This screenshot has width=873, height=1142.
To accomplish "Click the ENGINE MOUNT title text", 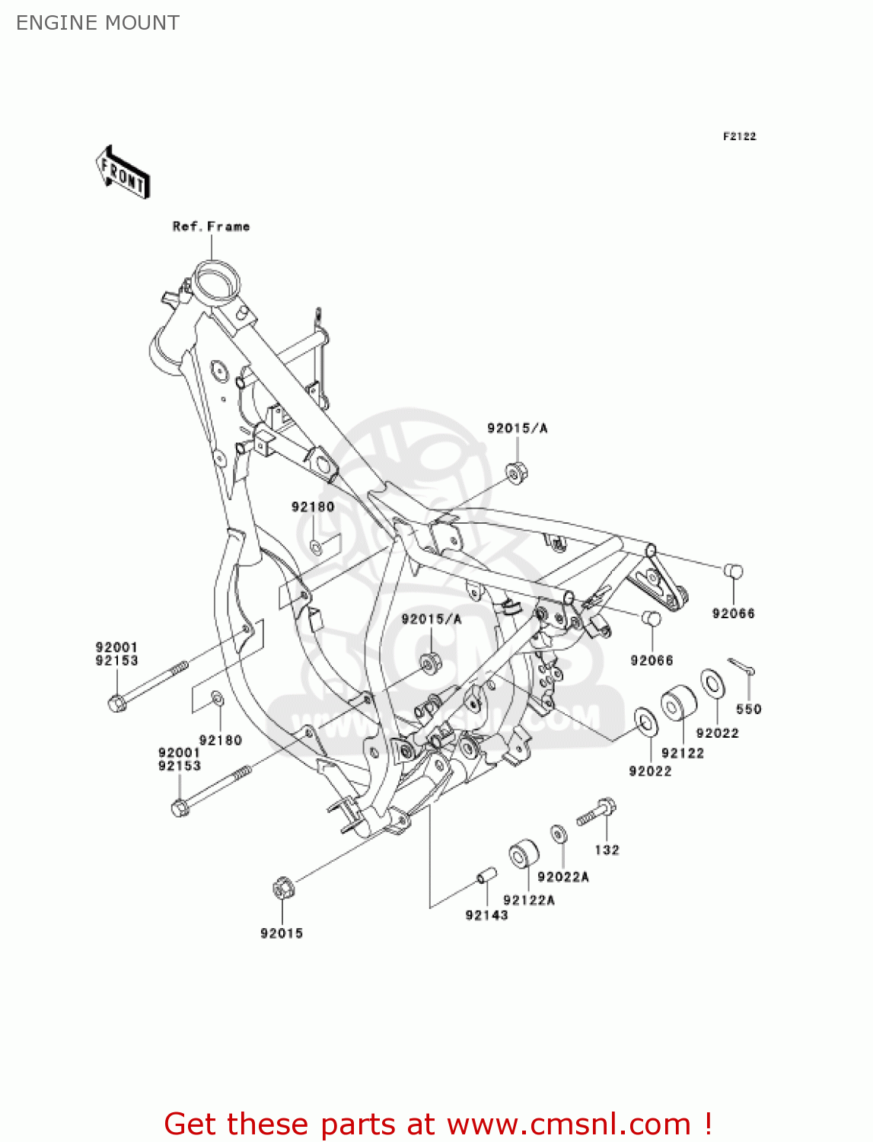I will (97, 23).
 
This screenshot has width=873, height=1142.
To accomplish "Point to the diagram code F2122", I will (739, 136).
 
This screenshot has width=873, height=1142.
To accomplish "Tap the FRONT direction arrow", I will (123, 173).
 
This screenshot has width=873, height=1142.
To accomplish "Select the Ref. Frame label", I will (211, 226).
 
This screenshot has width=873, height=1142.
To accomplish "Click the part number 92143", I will (486, 915).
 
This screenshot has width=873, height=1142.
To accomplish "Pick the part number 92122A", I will (529, 900).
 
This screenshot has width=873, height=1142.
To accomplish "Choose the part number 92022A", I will (563, 877).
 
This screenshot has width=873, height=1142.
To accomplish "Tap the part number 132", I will (607, 850).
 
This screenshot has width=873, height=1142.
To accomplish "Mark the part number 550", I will (748, 709).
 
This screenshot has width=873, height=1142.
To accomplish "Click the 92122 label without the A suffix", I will (683, 753).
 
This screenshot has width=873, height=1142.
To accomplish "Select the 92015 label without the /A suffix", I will (282, 933).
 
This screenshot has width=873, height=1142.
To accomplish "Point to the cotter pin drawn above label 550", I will (741, 667).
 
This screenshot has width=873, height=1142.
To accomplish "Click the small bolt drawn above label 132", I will (597, 812).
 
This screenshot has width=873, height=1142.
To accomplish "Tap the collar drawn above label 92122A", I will (522, 855).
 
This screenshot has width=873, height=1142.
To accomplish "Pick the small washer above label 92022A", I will (559, 834).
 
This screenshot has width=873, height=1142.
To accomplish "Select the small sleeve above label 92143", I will (486, 876).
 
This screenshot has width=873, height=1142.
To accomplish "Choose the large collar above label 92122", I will (677, 705).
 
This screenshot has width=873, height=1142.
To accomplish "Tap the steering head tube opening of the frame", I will (214, 279).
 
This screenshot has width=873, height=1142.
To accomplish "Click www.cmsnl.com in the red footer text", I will (569, 1124).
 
